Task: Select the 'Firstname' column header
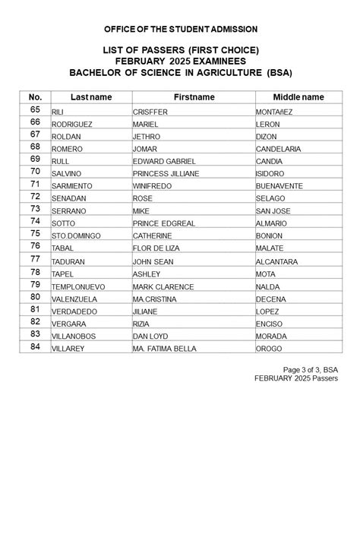[x=194, y=97]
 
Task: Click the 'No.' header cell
[x=35, y=97]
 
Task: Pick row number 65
[x=35, y=110]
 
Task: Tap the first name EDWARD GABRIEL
[x=164, y=162]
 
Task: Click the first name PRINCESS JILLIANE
[x=166, y=174]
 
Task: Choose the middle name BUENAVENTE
[x=279, y=186]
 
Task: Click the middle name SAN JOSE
[x=273, y=211]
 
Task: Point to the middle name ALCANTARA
[x=276, y=262]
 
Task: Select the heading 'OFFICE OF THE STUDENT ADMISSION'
[x=181, y=29]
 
